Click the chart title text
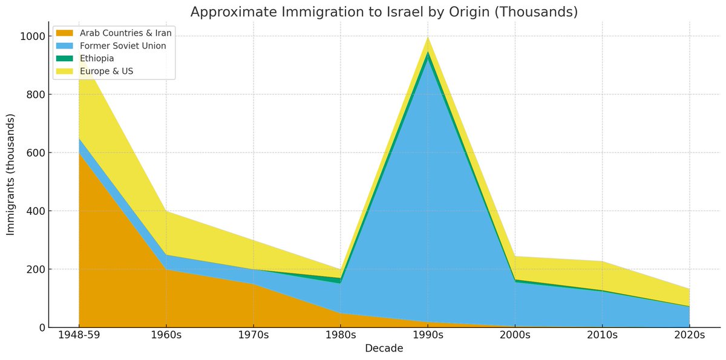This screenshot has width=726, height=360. click(x=384, y=11)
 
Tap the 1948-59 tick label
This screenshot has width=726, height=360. click(x=79, y=335)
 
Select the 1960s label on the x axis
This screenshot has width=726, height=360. click(x=166, y=335)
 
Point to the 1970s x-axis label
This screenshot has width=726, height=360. click(x=253, y=335)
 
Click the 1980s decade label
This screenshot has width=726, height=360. click(x=341, y=335)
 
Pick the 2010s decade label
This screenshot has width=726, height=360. click(x=603, y=335)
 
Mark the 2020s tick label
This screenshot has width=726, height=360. click(x=690, y=335)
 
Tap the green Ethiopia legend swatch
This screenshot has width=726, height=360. click(x=65, y=58)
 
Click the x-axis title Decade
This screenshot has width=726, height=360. click(x=384, y=349)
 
